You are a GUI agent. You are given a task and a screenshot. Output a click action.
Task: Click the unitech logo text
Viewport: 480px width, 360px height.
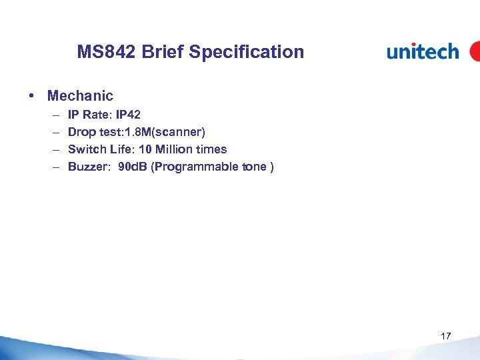[x=423, y=51]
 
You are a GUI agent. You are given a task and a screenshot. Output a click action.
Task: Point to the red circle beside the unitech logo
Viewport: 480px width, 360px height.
[x=475, y=51]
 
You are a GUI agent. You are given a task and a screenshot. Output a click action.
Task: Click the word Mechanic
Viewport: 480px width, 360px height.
[x=80, y=96]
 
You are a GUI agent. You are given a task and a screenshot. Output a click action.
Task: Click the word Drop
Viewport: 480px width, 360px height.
[x=82, y=132]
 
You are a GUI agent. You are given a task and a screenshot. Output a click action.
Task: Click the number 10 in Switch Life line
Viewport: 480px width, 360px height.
[x=145, y=149]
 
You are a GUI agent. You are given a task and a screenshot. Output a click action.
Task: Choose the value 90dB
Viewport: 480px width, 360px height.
[x=133, y=167]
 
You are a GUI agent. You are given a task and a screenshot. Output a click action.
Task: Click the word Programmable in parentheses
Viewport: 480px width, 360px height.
[x=197, y=167]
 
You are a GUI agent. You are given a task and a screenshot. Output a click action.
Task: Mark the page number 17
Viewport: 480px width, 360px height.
[x=446, y=336]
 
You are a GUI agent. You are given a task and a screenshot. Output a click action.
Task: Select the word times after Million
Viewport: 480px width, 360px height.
[x=213, y=149]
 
